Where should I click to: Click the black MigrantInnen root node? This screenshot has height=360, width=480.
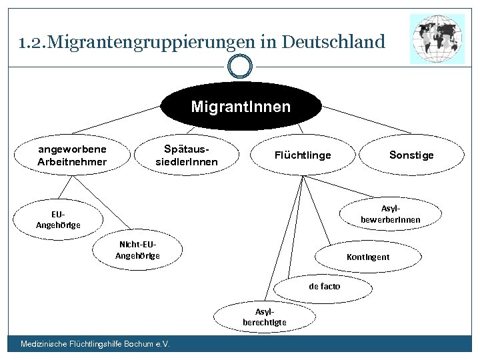click(241, 107)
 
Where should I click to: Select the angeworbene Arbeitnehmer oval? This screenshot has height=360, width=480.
click(72, 155)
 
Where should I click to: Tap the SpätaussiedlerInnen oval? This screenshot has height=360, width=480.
click(187, 155)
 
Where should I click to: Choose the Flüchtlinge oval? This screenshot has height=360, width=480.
click(303, 155)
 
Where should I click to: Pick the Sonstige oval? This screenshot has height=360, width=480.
click(411, 155)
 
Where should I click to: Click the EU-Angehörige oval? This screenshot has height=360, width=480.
click(58, 219)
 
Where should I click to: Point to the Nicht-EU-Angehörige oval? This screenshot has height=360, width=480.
click(138, 250)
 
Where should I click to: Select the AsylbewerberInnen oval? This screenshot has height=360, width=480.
click(390, 214)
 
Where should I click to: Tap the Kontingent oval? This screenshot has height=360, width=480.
click(368, 257)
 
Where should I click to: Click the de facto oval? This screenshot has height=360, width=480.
click(324, 287)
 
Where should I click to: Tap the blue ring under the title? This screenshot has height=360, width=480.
click(240, 67)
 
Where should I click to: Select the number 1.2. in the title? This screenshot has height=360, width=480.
click(32, 43)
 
